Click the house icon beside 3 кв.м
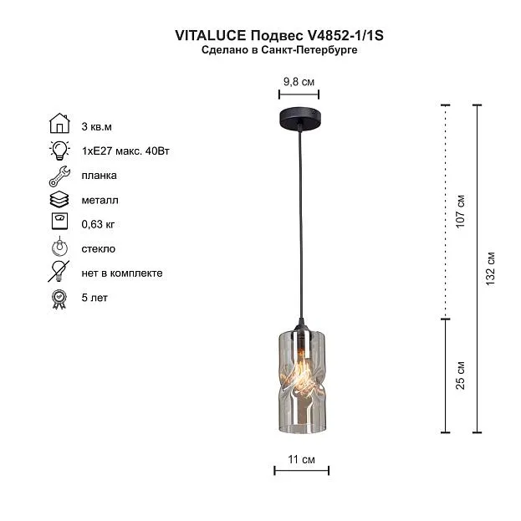click(x=59, y=123)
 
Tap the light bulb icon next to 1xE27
click(x=60, y=151)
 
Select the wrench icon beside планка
click(x=60, y=176)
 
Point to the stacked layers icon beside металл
click(x=59, y=200)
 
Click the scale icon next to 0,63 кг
click(x=60, y=222)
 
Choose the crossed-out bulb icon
click(x=59, y=272)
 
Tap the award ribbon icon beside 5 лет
click(x=59, y=299)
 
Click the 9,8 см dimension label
click(x=299, y=82)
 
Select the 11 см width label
click(x=301, y=459)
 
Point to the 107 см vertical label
click(x=460, y=212)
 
